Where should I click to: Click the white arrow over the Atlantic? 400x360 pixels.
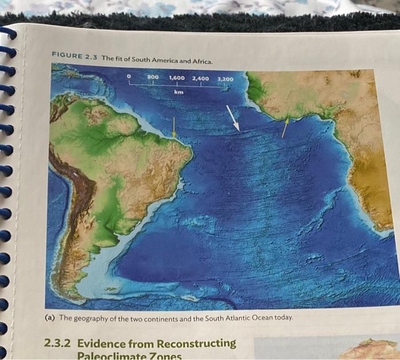pos(233,118)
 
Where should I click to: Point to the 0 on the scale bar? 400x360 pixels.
pos(130,76)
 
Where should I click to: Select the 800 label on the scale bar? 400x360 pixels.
pos(153,77)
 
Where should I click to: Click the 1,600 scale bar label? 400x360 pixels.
pos(178,77)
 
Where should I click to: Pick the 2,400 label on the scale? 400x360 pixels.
pos(201,78)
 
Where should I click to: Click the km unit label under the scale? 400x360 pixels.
pos(179,91)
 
